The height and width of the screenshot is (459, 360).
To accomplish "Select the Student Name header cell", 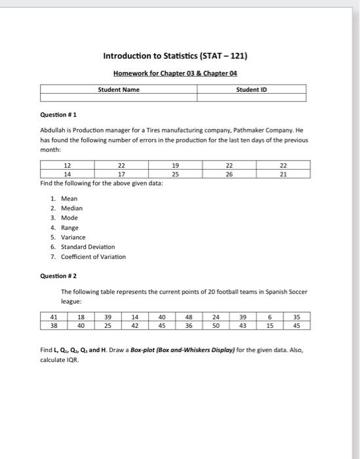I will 119,89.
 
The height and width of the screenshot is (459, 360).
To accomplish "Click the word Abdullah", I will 54,130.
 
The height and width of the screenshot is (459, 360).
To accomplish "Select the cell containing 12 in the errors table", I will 67,167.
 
